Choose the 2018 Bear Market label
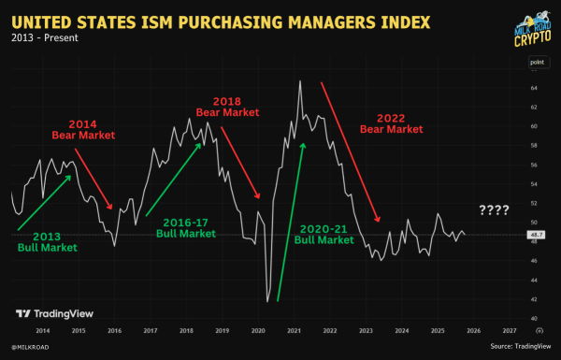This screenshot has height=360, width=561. [x=226, y=106]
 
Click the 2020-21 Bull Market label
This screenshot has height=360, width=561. [x=324, y=233]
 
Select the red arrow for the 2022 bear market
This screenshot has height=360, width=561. [x=351, y=150]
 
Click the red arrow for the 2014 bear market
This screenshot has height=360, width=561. [x=93, y=178]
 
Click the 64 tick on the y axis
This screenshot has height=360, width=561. [x=533, y=88]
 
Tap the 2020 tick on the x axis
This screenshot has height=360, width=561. [x=257, y=330]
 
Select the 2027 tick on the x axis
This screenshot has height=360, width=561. [x=509, y=330]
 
